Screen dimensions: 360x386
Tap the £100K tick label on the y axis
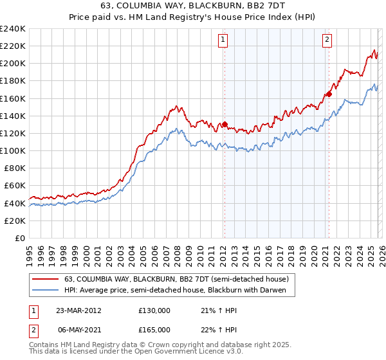point(13,150)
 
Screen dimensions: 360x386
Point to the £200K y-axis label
point(13,64)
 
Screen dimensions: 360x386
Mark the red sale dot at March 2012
point(225,125)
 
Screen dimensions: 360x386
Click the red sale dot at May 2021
point(329,94)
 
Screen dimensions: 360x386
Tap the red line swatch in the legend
point(45,279)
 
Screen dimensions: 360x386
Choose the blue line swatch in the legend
point(45,291)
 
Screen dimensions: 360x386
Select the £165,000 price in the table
point(154,329)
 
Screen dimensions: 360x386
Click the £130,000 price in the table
point(154,310)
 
